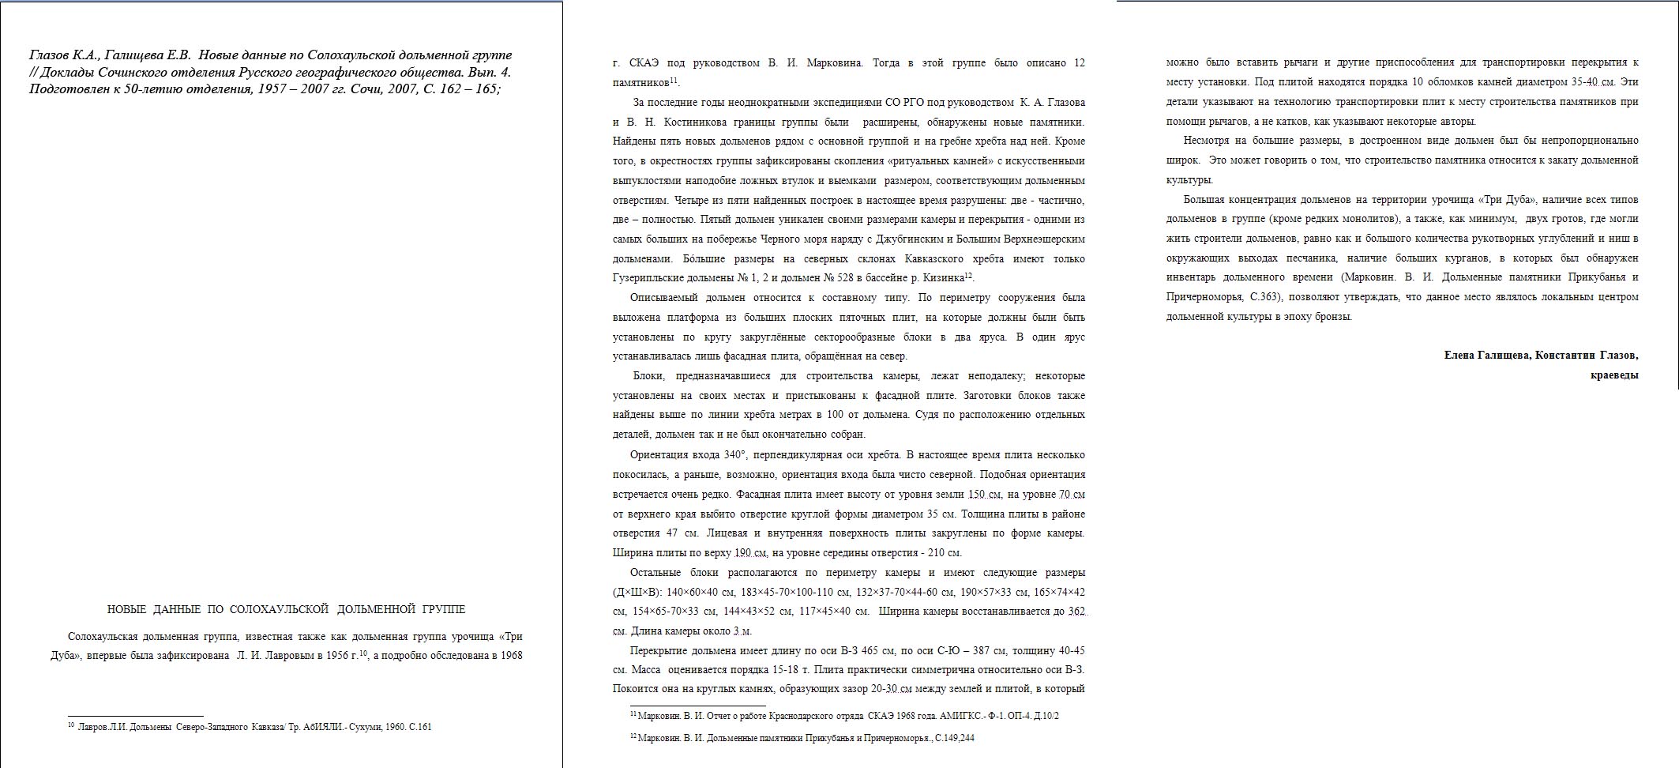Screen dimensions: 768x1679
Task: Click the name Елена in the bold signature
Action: click(x=1459, y=356)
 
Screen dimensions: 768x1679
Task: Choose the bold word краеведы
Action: click(x=1614, y=375)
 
